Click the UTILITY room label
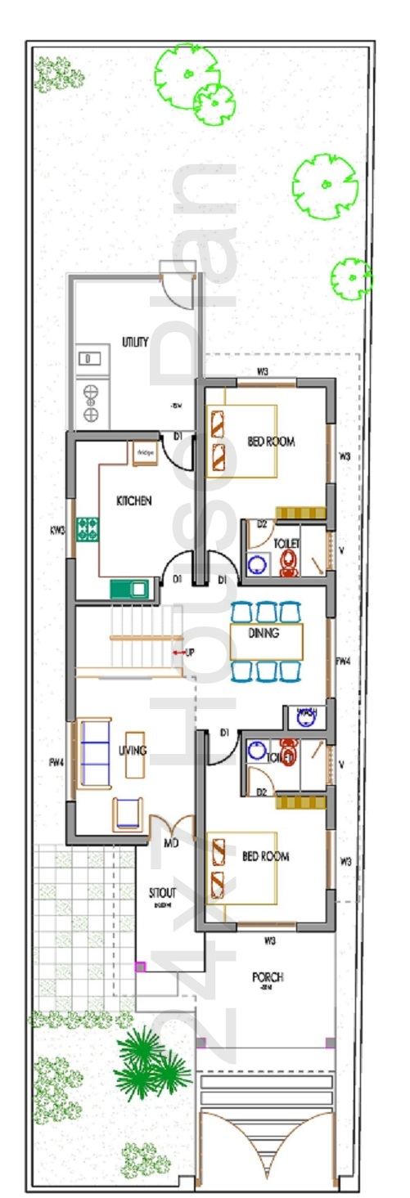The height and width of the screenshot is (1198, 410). point(135,342)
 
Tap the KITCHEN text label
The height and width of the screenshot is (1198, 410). point(133,500)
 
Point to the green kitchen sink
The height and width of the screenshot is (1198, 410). point(130,589)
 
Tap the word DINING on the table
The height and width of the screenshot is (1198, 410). point(264,632)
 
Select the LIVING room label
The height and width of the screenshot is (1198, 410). point(131,750)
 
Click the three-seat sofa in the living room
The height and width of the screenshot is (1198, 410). point(94,752)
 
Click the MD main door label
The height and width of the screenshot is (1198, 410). point(171,843)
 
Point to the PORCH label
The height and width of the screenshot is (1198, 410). point(268,977)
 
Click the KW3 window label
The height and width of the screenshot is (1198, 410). point(57,529)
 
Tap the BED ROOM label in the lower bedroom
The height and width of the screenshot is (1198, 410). point(266,856)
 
